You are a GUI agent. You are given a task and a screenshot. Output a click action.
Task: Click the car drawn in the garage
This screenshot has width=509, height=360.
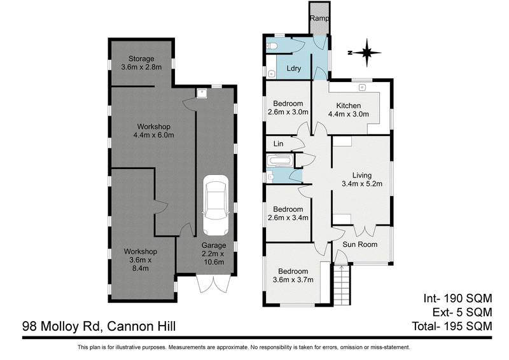tap(214, 207)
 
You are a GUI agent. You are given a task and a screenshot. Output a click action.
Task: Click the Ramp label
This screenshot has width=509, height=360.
tap(319, 18)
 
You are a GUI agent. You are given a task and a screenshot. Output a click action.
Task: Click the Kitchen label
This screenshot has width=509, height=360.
tap(348, 106)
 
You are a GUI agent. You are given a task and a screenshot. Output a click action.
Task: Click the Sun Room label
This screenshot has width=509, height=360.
tap(360, 244)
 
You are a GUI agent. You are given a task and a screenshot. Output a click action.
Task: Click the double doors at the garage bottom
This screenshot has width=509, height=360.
tap(211, 286)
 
